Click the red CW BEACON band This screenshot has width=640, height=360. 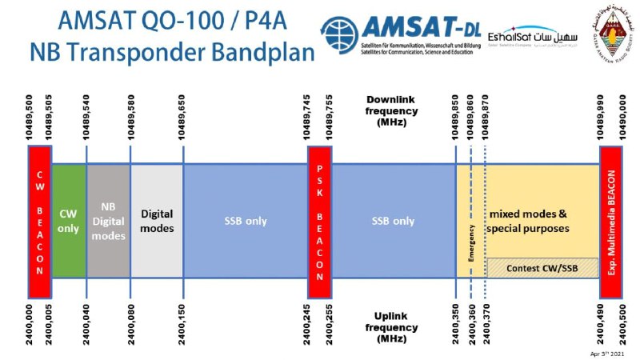[38, 211]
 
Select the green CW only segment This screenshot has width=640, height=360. [69, 220]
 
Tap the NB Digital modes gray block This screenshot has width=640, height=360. [108, 220]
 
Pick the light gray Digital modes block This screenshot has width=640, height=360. [157, 220]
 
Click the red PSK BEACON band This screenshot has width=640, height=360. [319, 211]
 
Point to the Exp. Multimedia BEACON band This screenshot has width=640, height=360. [611, 211]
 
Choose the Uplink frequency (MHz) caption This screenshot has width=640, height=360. [391, 327]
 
